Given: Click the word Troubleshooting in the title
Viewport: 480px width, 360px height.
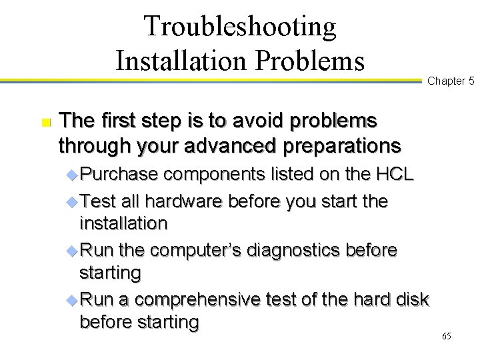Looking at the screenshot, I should (x=240, y=27).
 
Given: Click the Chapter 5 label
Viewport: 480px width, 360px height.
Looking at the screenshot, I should (x=451, y=81).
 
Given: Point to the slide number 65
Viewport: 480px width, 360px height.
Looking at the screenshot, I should (x=447, y=336).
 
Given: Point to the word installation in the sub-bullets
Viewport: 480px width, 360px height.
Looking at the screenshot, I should (x=123, y=223).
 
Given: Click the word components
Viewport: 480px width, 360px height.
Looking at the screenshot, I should (x=219, y=175).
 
